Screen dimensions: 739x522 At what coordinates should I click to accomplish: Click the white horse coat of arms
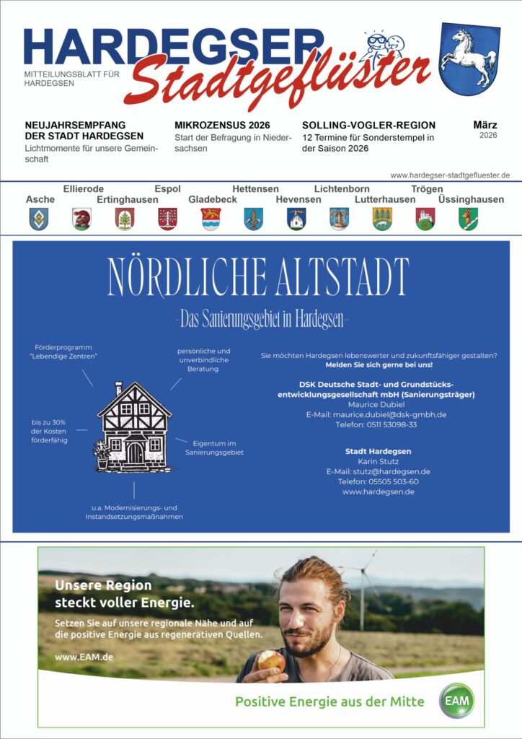coord(469,58)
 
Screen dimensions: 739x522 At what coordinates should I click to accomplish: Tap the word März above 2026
coord(485,125)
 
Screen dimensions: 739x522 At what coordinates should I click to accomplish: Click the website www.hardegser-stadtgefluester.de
coord(450,175)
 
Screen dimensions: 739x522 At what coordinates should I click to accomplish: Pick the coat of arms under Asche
coord(38,219)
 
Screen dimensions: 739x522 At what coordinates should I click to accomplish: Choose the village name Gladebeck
coord(212,199)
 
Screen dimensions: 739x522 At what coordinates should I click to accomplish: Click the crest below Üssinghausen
coord(468,219)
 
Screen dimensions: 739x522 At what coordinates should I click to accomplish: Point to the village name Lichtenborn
coord(342,189)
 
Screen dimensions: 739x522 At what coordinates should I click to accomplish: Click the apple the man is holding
coord(271,659)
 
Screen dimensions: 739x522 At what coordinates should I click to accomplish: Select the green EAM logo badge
coord(459,701)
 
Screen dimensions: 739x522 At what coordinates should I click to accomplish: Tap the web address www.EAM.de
coord(84,657)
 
